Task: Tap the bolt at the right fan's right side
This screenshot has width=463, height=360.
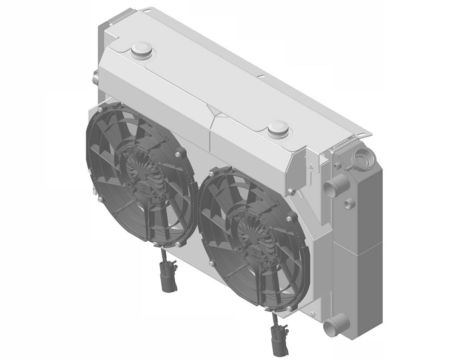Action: point(290,219)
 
